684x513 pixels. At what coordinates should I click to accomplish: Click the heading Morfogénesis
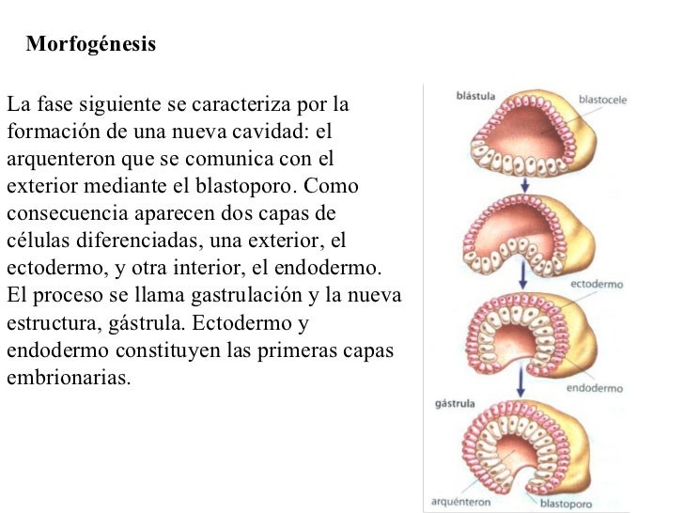coord(91,44)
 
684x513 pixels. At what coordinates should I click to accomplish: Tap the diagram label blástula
coord(475,96)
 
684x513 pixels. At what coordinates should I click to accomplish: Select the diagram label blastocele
coord(602,100)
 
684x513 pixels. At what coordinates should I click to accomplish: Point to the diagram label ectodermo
coord(597,284)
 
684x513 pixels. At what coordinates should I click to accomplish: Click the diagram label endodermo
coord(595,388)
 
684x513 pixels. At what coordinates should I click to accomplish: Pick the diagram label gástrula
coord(455,404)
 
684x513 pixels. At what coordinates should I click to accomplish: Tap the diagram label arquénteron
coord(460,502)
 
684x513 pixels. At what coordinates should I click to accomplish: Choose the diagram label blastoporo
coord(566,504)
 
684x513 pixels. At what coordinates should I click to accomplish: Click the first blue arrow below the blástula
coord(525,184)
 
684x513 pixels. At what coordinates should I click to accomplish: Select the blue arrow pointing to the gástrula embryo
coord(520,381)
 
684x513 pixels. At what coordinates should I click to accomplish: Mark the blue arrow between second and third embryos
coord(523,274)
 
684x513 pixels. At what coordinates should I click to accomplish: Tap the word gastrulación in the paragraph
coord(246,295)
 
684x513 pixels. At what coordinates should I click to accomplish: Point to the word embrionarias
coord(69,378)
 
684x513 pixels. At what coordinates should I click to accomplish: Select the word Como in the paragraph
coord(331,186)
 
